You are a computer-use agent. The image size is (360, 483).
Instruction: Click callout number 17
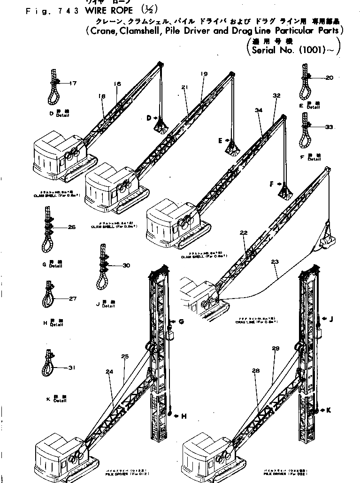point(73,84)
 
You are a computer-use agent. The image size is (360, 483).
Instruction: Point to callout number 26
point(71,228)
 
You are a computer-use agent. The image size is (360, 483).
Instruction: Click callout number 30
point(126,266)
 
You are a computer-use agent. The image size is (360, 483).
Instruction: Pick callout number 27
point(72,299)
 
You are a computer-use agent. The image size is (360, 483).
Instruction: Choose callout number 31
point(71,368)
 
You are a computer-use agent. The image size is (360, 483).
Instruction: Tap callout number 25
point(124,357)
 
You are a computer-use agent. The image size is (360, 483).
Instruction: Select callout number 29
point(276,348)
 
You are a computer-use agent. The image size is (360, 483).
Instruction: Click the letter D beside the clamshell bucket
point(149,118)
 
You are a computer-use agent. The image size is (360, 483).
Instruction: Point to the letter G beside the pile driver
point(181,321)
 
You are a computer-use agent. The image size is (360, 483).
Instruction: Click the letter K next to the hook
point(329,410)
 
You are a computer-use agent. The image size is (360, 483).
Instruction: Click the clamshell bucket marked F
point(283,192)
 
